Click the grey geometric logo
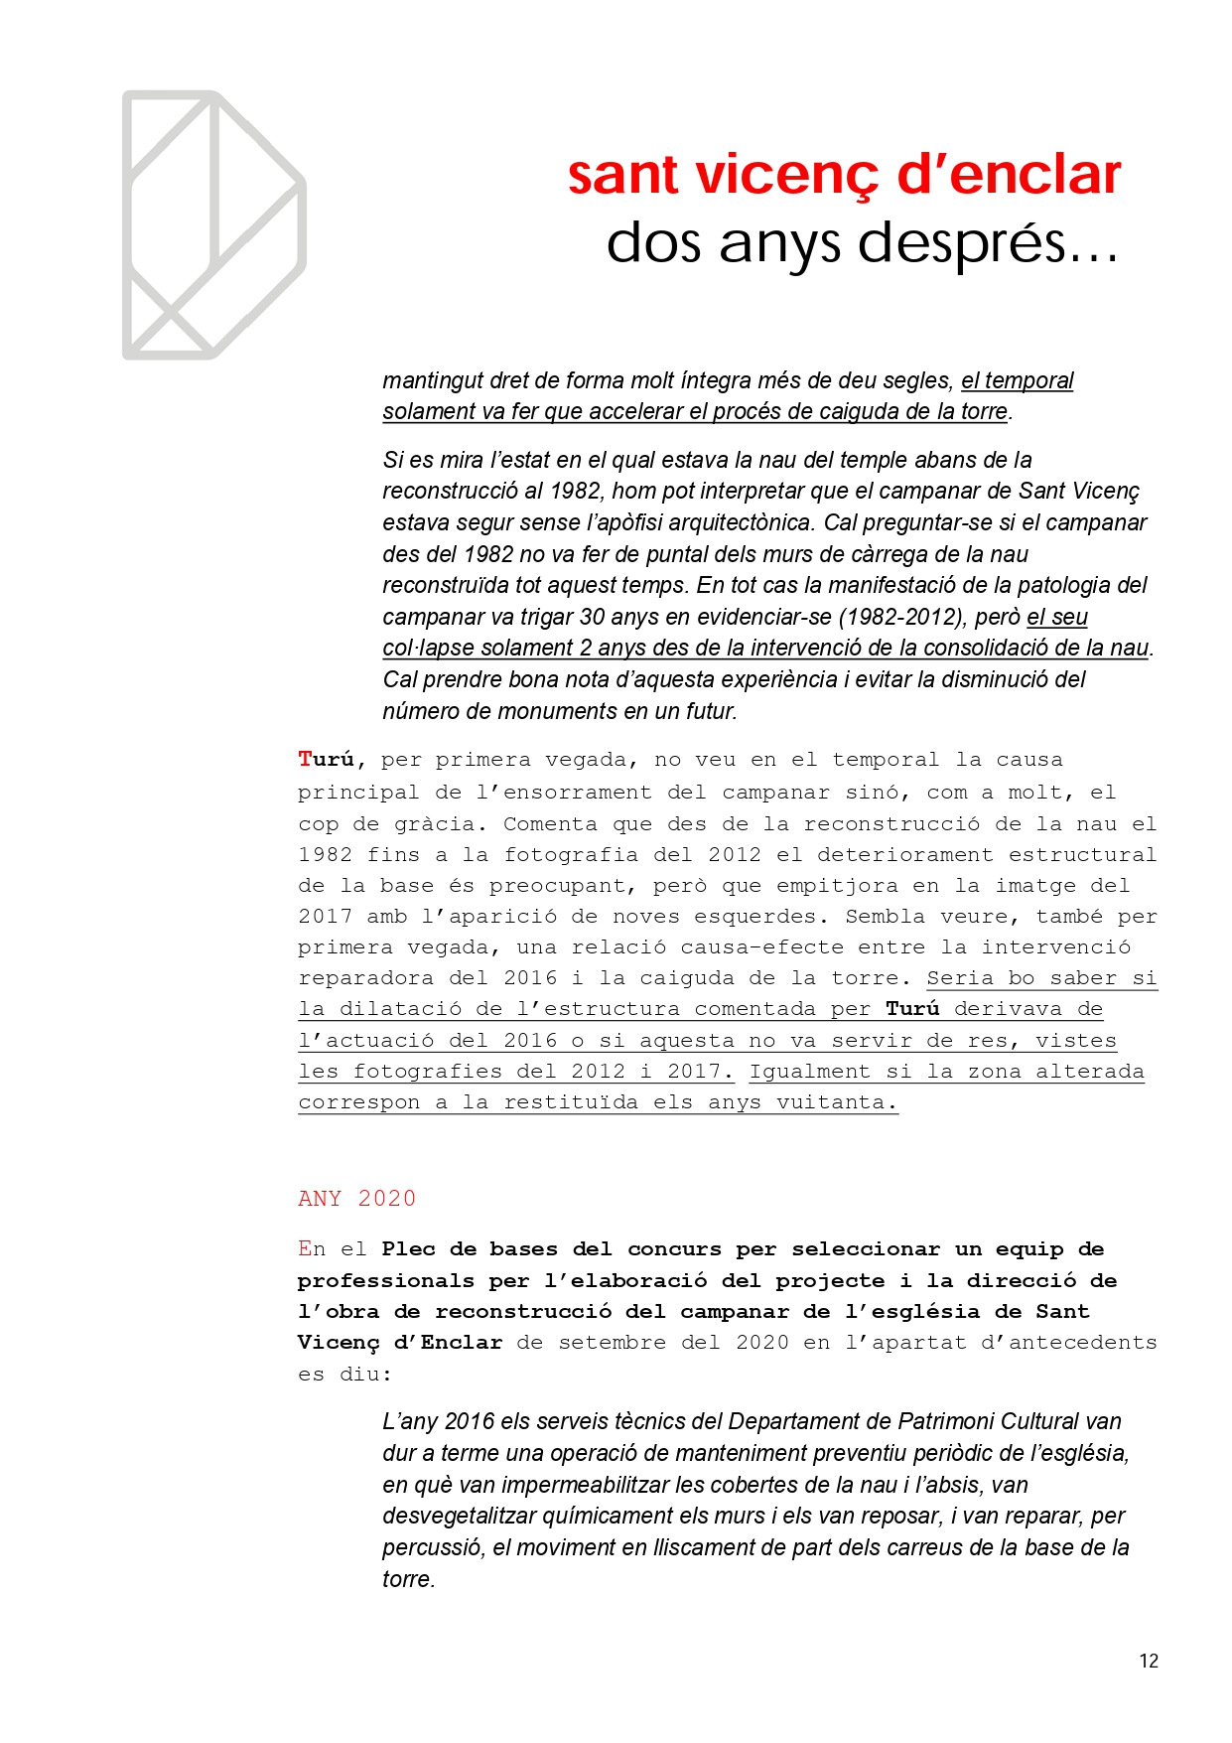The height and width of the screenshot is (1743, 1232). [x=213, y=225]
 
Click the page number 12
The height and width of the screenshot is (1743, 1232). [x=1149, y=1661]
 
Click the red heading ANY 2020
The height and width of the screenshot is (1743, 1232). [x=356, y=1198]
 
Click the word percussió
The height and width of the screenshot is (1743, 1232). [x=434, y=1547]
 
